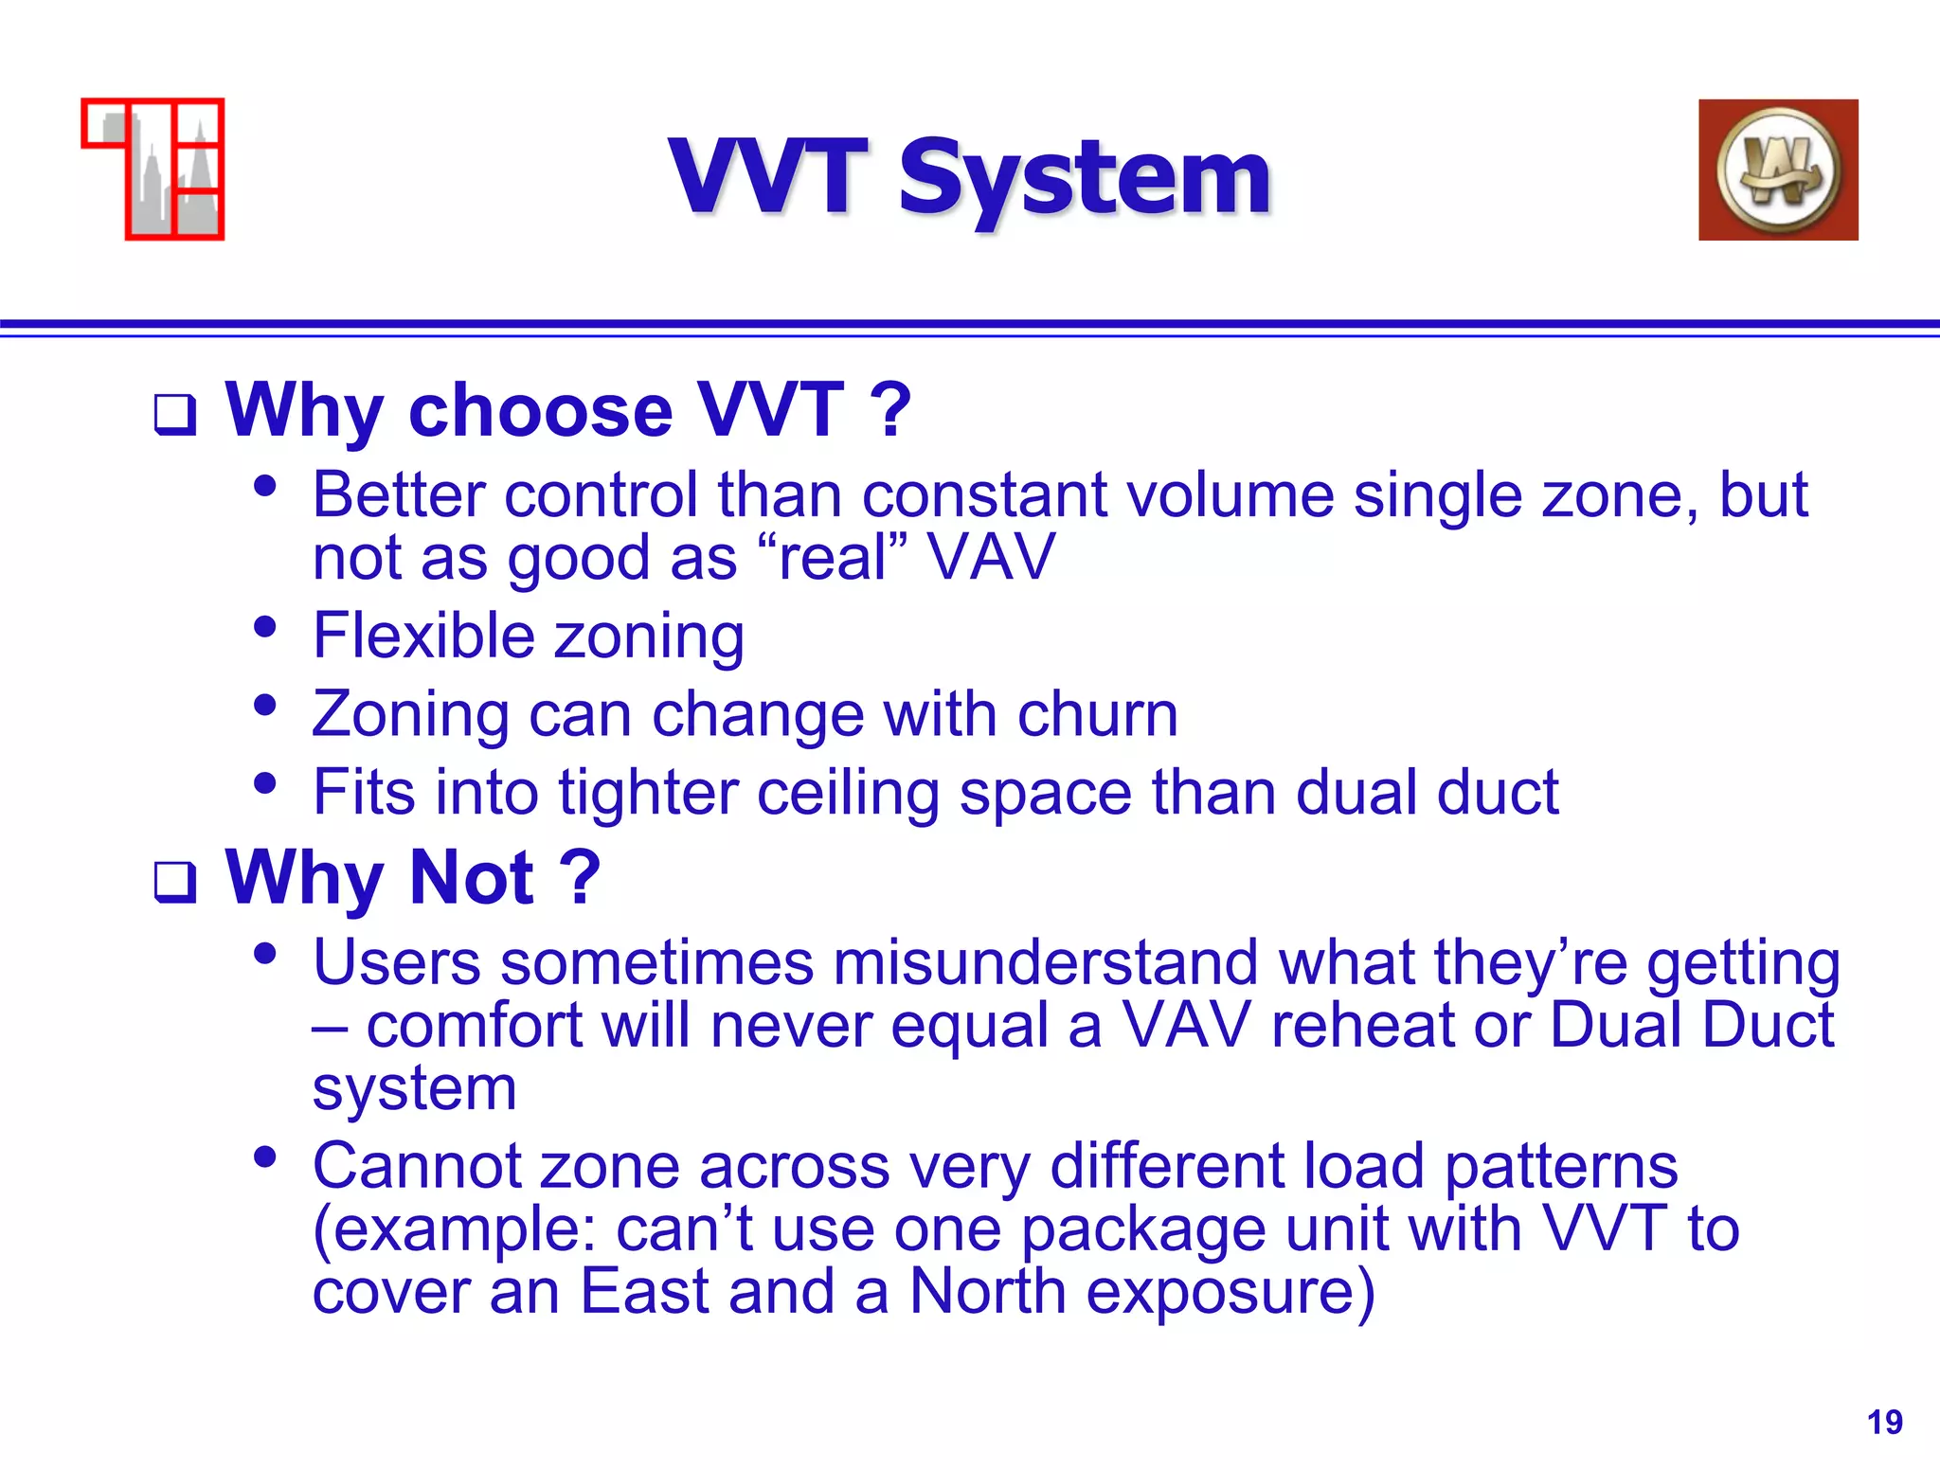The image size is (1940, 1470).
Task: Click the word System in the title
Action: [x=1084, y=178]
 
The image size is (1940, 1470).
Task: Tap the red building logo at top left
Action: [x=153, y=169]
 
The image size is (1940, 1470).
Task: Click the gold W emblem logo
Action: [x=1777, y=170]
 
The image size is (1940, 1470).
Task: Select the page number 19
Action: [x=1884, y=1422]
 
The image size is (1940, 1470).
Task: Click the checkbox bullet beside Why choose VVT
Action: [x=175, y=415]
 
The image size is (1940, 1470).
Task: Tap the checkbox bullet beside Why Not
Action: [x=175, y=882]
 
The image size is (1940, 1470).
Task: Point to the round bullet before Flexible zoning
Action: [x=265, y=626]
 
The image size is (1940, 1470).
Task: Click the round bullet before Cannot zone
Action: [x=265, y=1156]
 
